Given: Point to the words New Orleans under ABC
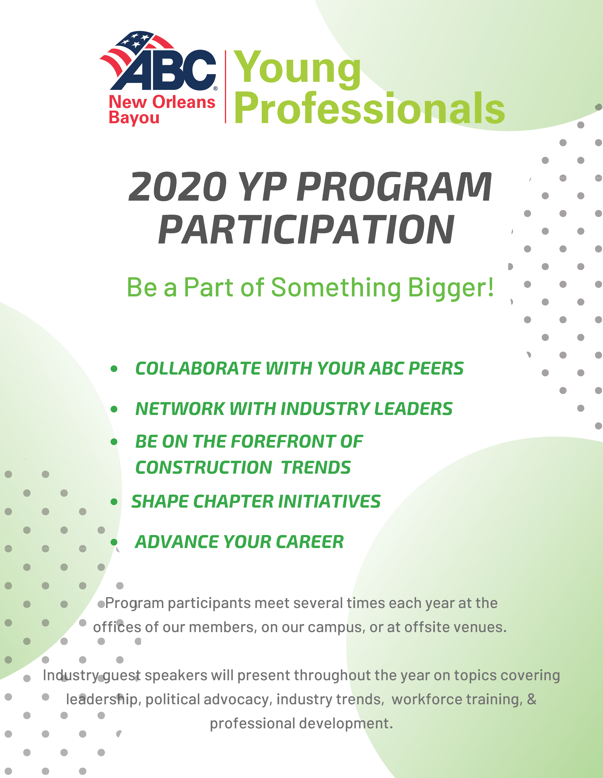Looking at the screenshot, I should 162,102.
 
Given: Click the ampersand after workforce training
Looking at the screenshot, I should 531,699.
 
